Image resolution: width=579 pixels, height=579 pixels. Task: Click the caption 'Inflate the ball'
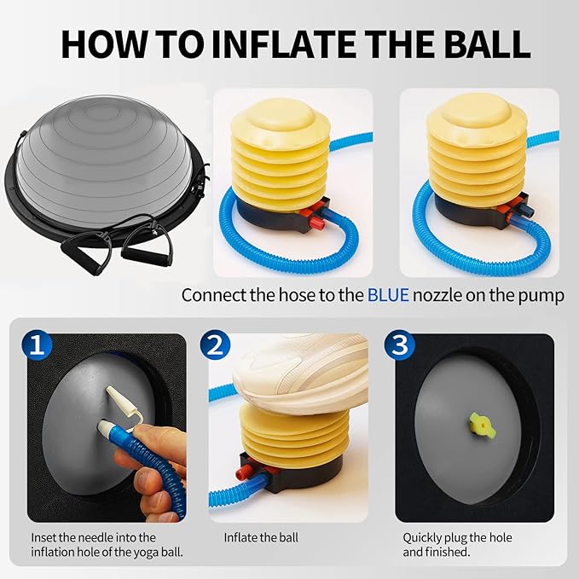(261, 538)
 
